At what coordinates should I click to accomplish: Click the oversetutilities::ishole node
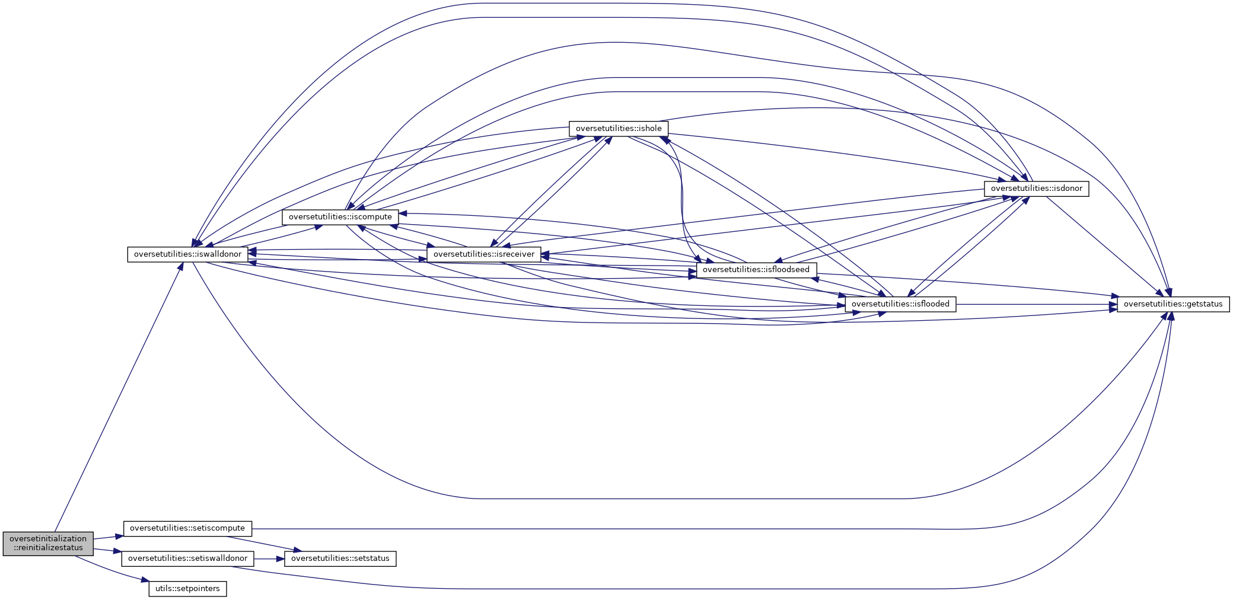coord(619,129)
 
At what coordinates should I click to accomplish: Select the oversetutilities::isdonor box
coord(1036,189)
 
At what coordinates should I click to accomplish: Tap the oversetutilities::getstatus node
coord(1173,304)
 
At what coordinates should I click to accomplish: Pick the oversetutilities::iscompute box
coord(340,217)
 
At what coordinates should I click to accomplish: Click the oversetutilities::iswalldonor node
coord(187,254)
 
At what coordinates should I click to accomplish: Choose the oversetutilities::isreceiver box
coord(483,254)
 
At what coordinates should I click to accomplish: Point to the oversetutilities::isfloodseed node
coord(756,270)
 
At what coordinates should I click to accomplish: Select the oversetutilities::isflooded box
coord(900,304)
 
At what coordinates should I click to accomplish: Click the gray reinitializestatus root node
coord(48,543)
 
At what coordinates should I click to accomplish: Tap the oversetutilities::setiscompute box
coord(187,528)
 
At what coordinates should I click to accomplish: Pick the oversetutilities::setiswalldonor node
coord(187,558)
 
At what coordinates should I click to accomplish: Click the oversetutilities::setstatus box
coord(340,558)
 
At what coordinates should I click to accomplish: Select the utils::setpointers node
coord(187,589)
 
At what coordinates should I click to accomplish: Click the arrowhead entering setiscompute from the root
coord(119,535)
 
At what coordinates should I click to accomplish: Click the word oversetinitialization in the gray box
coord(48,539)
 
